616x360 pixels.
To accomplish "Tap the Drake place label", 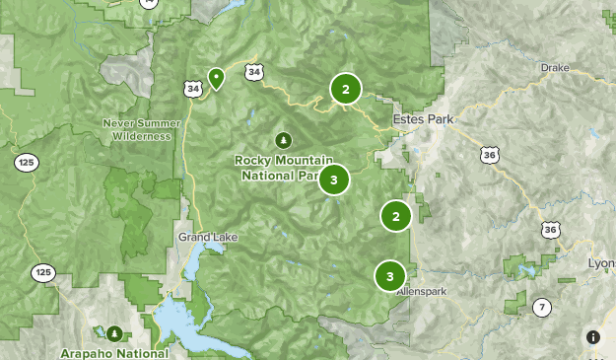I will [x=555, y=67].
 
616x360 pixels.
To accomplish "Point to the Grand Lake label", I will [x=203, y=238].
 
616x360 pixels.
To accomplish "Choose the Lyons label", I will [x=600, y=264].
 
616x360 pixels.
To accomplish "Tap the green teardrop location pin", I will [x=216, y=77].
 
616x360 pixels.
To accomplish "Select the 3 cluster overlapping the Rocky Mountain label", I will [x=334, y=180].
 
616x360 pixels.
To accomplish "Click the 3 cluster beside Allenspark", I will [x=390, y=276].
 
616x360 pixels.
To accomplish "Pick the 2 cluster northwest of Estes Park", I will [x=345, y=90].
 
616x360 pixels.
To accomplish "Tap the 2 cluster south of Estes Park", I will [x=395, y=216].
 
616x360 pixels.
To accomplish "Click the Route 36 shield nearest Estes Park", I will [x=489, y=154].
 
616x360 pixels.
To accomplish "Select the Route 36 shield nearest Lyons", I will [x=550, y=230].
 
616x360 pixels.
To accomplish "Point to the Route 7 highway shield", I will [x=542, y=307].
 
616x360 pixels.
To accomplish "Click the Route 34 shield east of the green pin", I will [x=255, y=72].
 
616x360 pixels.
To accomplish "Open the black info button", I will [x=593, y=337].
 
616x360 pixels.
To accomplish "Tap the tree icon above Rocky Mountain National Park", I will [x=284, y=140].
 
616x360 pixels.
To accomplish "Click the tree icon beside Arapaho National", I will [x=114, y=333].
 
